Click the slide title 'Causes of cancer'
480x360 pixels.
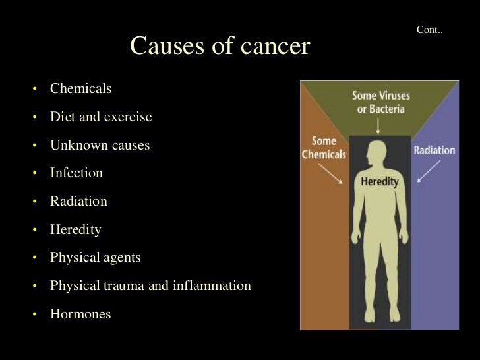point(220,46)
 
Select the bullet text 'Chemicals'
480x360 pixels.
point(81,88)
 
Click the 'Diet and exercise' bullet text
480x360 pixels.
point(101,117)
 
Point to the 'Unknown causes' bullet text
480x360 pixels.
point(100,145)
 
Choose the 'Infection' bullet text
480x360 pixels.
point(76,173)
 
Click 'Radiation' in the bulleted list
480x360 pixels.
point(78,202)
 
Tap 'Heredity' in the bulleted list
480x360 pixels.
point(76,229)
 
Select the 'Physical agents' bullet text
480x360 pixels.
point(95,258)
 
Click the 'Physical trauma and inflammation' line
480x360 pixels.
point(150,286)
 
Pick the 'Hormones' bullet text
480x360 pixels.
point(80,314)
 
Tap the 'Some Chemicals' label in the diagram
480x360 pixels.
point(323,148)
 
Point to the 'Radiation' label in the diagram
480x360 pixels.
point(434,150)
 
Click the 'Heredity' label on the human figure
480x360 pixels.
point(379,182)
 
